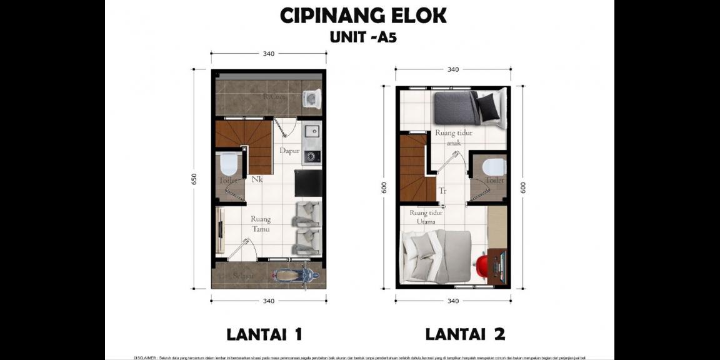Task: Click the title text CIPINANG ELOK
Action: click(362, 16)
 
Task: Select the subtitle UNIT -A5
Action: click(362, 37)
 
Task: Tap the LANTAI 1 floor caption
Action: click(264, 334)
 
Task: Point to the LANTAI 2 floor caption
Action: click(465, 334)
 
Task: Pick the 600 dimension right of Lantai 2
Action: click(523, 187)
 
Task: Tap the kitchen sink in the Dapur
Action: click(311, 132)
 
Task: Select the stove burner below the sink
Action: click(311, 155)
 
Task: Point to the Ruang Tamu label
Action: click(261, 224)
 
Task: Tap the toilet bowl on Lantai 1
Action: click(228, 165)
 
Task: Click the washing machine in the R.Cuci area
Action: click(311, 98)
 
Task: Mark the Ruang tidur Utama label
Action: click(426, 217)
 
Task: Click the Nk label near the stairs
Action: click(257, 180)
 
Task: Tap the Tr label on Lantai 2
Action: click(442, 191)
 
